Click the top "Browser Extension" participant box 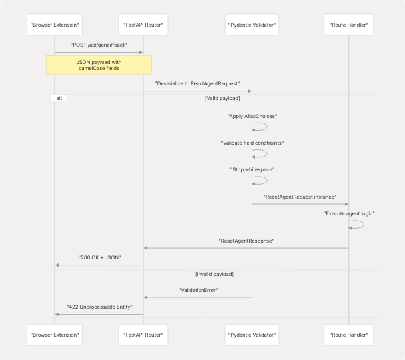(55, 25)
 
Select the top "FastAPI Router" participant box (143, 25)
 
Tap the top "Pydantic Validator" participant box (252, 25)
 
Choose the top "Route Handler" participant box (348, 25)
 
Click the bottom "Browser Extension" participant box (55, 334)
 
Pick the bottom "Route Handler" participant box (348, 334)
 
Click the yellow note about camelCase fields (99, 65)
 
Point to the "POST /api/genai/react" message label (99, 45)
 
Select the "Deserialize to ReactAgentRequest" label (197, 84)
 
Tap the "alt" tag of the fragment (59, 98)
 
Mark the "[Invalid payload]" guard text (213, 274)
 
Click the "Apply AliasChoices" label (252, 116)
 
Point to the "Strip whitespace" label (252, 169)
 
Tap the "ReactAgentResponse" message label (246, 241)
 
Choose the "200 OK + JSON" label (99, 257)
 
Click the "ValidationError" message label (198, 291)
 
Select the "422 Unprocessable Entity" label (99, 307)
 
